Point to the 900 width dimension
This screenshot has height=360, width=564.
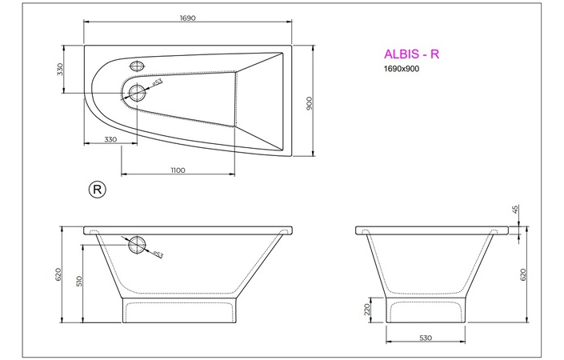click(308, 104)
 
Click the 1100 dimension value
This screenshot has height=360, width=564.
click(178, 170)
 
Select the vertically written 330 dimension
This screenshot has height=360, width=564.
click(60, 70)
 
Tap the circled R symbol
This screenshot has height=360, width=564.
click(96, 190)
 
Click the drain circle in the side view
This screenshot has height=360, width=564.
click(138, 244)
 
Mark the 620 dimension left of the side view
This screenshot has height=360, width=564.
click(58, 274)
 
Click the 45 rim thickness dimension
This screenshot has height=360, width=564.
click(515, 210)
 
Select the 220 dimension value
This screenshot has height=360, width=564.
click(366, 308)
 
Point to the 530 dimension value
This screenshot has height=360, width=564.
click(425, 338)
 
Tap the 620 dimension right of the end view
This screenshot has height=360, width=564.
click(523, 274)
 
